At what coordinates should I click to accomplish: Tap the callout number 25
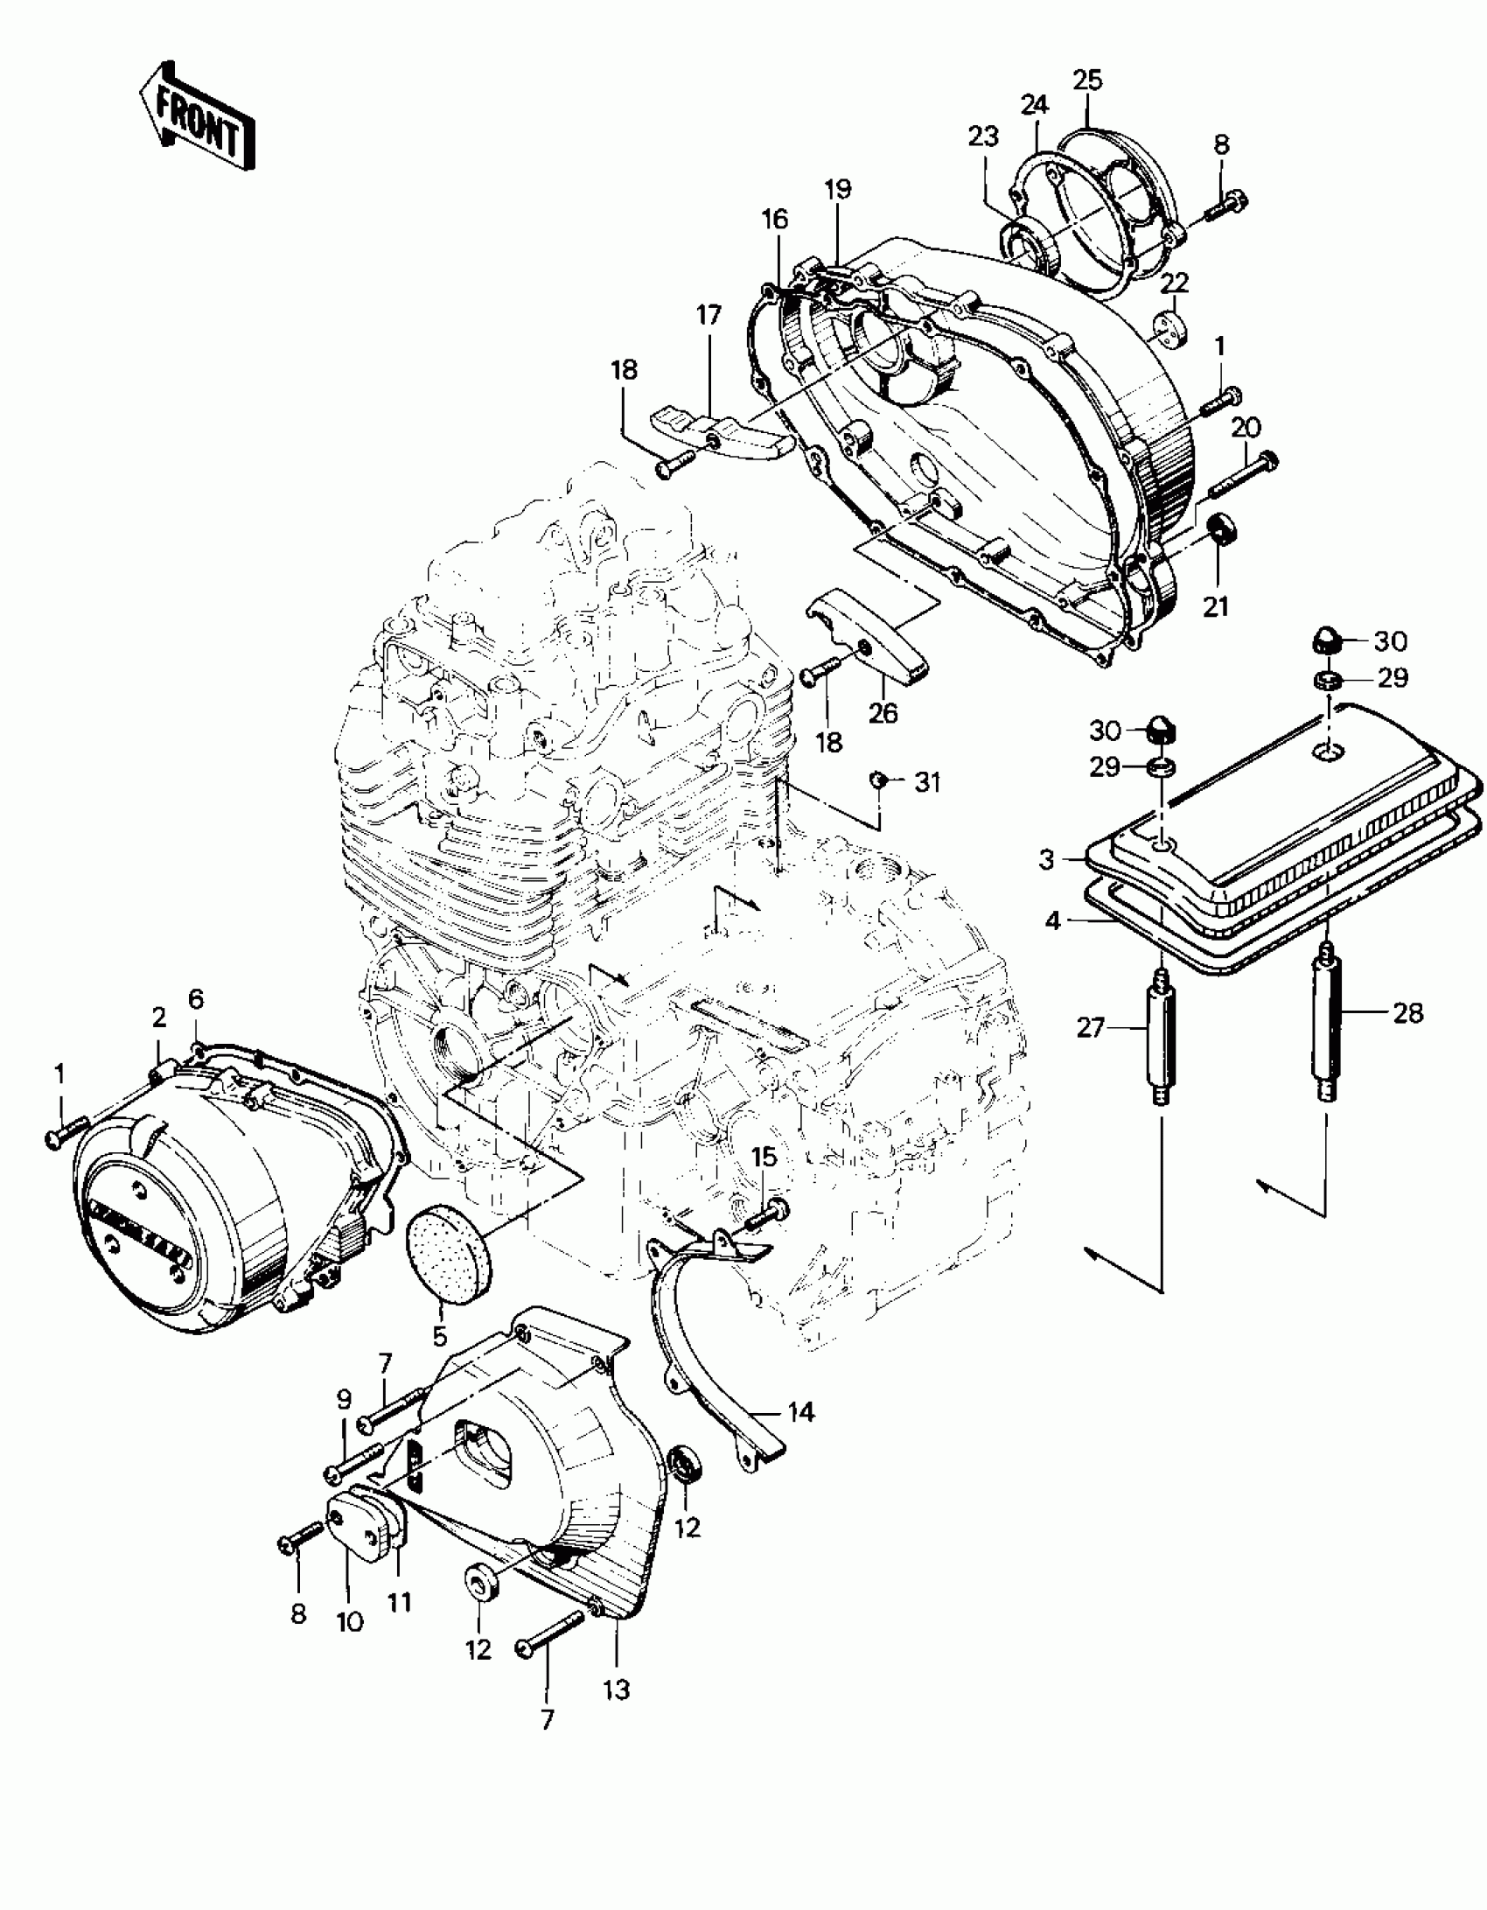point(1088,80)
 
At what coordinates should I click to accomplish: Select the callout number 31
point(927,781)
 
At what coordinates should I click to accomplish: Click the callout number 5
point(439,1361)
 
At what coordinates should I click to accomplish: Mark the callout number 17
point(709,315)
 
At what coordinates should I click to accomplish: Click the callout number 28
point(1408,1013)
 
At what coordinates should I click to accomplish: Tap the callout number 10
point(349,1621)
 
